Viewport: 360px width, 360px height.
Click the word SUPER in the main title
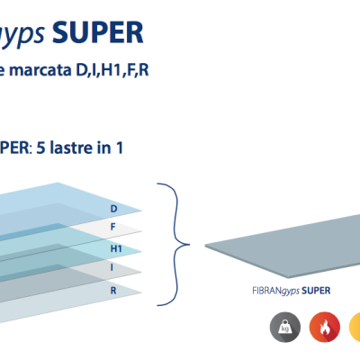click(98, 33)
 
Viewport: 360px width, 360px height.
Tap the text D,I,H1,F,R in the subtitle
click(112, 71)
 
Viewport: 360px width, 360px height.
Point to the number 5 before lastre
click(40, 148)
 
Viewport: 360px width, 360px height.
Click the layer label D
click(113, 209)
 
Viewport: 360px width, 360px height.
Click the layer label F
click(113, 227)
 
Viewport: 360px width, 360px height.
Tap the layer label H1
click(116, 248)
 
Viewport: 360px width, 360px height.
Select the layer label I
click(112, 267)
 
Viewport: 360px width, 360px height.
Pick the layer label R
click(113, 291)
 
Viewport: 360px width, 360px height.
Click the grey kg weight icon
click(285, 327)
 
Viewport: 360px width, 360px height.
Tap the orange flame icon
click(325, 327)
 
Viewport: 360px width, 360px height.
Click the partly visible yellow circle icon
click(355, 327)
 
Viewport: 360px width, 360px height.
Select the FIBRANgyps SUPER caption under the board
click(292, 291)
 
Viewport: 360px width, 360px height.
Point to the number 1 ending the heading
click(120, 148)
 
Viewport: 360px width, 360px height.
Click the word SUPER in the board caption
click(316, 291)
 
